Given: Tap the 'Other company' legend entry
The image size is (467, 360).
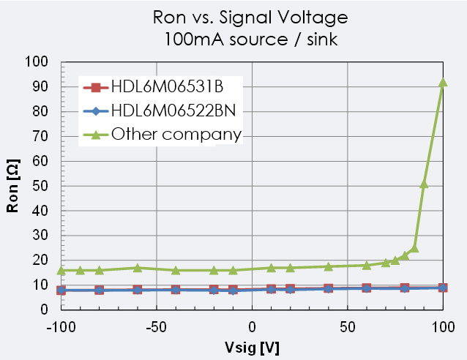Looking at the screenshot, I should pos(176,134).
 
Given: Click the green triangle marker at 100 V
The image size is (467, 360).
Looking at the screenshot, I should pos(443,82).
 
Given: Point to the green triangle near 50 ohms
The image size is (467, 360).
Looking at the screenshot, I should pos(424,184).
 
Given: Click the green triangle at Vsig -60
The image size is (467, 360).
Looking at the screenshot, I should pos(138,268).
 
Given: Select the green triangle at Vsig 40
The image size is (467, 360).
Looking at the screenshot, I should pos(329,266).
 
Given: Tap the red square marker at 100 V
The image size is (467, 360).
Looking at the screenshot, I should pos(443,288).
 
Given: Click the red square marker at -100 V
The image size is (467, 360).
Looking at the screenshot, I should pos(61,290).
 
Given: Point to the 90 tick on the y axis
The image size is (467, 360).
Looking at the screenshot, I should pos(41,86).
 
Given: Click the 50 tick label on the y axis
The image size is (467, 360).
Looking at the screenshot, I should pos(41,186).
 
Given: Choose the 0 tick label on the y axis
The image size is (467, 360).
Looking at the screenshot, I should pos(45,310).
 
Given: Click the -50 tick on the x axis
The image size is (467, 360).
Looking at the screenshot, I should pos(157,325).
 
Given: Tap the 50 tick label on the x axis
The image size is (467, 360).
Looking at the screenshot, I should pos(347,325).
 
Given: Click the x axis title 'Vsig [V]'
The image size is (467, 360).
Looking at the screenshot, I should pos(252,346).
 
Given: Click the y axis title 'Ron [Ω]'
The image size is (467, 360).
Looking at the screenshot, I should pos(12,187).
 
